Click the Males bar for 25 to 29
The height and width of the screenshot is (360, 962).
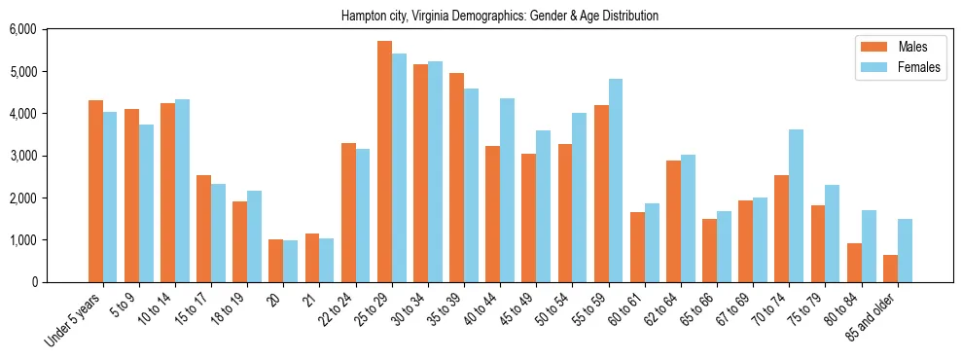(384, 162)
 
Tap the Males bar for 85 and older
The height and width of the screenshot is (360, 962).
(890, 269)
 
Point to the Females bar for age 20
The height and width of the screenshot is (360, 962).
(291, 262)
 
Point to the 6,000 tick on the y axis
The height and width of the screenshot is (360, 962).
(21, 30)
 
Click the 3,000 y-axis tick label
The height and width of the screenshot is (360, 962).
(21, 156)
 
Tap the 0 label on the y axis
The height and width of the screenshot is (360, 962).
(32, 282)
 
